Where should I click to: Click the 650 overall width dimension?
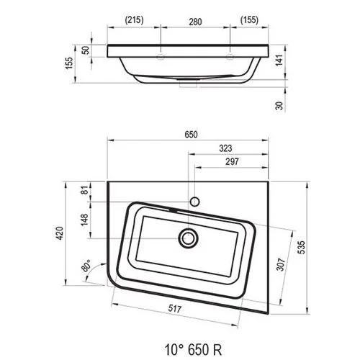pos(191,135)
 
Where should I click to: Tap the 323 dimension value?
pos(225,148)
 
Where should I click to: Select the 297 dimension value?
pos(232,161)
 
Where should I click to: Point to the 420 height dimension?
pos(59,233)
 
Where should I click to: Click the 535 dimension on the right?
pos(301,247)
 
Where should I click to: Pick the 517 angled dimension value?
pos(174,308)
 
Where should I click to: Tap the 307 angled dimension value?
pos(281,264)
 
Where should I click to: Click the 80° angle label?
pos(86,265)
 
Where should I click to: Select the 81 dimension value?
pos(86,190)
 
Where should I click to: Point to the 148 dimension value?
pos(84,220)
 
